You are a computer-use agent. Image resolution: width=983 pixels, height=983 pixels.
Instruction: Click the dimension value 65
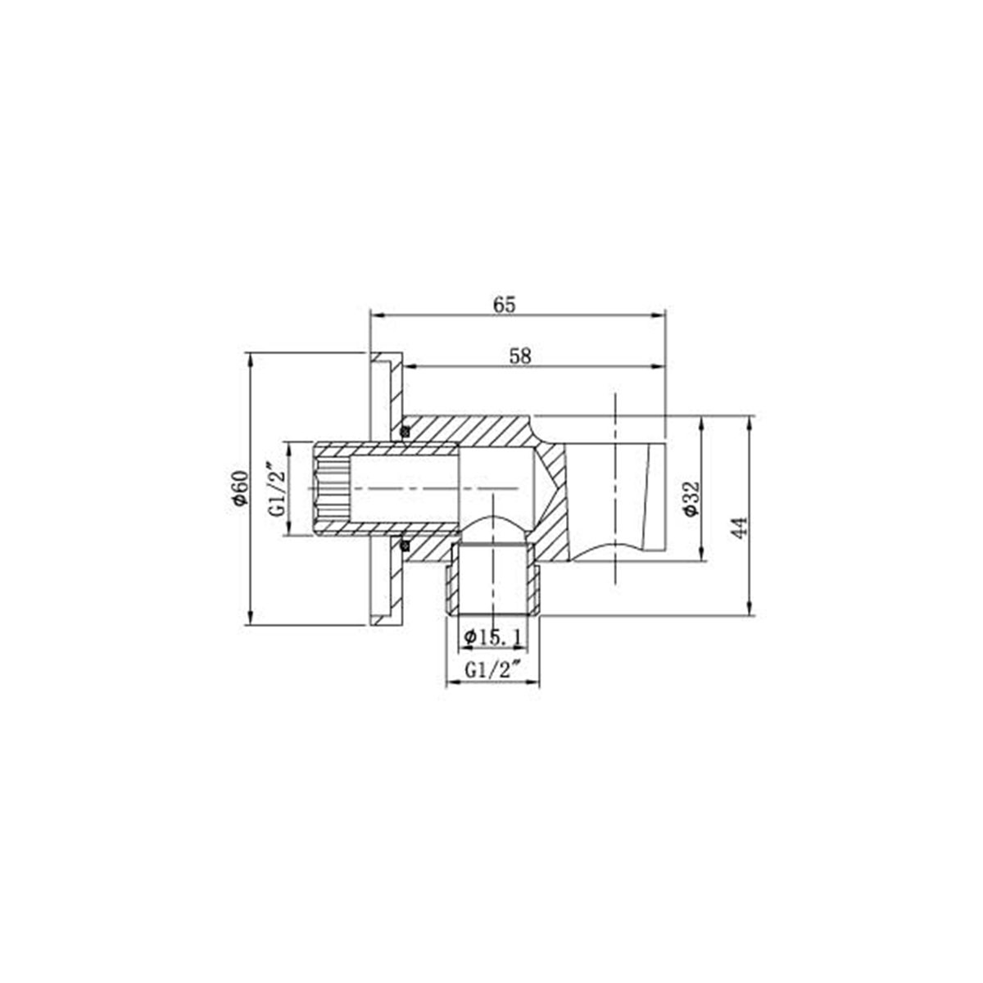point(504,304)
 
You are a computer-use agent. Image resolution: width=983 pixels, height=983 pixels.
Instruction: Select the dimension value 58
point(520,356)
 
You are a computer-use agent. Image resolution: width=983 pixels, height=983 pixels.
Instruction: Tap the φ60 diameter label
point(239,488)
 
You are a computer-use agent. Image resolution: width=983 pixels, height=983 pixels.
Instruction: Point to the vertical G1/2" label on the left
point(278,488)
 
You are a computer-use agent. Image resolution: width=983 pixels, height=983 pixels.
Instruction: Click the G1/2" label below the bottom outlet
point(493,669)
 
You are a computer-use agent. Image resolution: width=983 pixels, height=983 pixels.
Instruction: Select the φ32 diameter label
point(690,497)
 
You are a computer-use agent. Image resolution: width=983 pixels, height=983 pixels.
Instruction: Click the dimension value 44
point(740,527)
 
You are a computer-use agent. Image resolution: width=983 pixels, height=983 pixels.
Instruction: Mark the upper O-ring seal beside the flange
point(404,432)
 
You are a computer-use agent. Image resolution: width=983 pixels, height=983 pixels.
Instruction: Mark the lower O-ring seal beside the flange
point(404,544)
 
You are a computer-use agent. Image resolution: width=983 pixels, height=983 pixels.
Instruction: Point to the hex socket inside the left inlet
point(331,488)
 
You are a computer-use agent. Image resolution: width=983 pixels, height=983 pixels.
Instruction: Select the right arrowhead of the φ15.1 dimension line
point(524,648)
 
